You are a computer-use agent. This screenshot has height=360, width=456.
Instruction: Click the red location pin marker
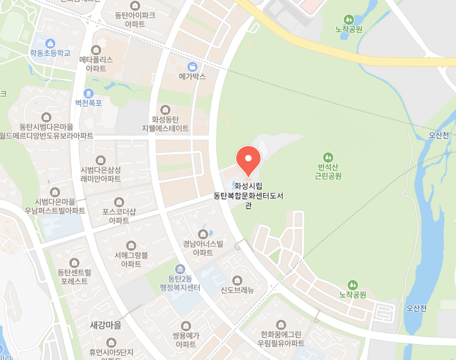click(x=248, y=158)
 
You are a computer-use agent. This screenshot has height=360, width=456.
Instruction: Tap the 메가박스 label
click(x=193, y=77)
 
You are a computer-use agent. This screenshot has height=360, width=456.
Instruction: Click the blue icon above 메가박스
click(x=193, y=66)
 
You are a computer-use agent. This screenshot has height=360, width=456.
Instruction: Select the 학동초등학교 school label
click(x=50, y=53)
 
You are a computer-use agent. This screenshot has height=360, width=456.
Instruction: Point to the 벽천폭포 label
click(x=89, y=103)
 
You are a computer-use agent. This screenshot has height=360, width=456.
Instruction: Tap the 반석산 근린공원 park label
click(x=328, y=172)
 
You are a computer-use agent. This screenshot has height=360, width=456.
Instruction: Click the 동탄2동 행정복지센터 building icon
click(x=180, y=269)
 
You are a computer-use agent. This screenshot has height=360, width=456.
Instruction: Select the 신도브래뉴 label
click(x=237, y=290)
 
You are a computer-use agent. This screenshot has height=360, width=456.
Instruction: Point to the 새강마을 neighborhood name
click(x=106, y=325)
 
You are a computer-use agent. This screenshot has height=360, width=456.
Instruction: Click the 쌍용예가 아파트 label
click(x=185, y=339)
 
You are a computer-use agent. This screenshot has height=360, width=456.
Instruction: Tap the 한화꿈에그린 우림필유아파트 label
click(x=281, y=338)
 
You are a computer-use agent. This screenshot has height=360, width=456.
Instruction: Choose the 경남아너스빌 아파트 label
click(x=203, y=248)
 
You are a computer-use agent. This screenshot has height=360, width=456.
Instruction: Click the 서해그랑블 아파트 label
click(x=131, y=259)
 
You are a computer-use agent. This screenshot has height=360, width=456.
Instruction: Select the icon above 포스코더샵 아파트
click(x=119, y=202)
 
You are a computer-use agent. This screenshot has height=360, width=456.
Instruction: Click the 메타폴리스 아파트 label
click(x=96, y=64)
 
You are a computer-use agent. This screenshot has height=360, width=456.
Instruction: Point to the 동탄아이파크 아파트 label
click(x=135, y=20)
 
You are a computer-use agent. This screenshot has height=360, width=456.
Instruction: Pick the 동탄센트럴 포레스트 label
click(x=74, y=276)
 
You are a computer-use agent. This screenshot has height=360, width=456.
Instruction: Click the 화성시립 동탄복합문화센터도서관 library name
click(x=249, y=195)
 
